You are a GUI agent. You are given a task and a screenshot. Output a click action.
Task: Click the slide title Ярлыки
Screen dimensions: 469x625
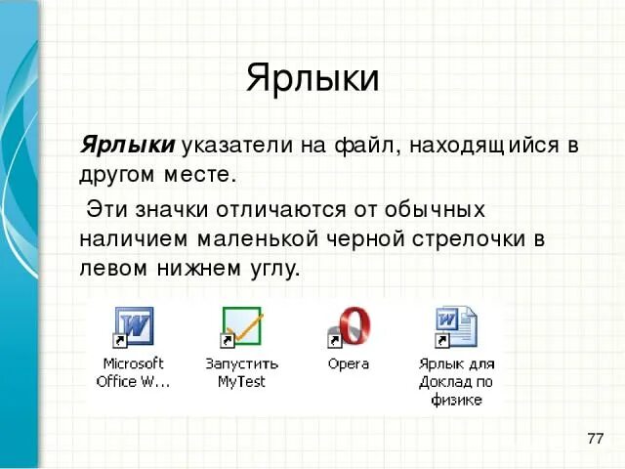point(312,78)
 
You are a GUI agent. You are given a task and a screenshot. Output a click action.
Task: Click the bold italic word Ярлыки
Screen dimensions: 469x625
point(127,146)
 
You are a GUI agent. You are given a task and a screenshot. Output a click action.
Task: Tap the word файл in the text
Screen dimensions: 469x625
point(361,146)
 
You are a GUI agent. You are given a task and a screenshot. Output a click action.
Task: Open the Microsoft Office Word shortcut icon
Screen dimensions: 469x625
point(133,326)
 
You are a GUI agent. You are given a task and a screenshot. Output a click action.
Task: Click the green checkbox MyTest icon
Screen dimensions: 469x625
point(241,326)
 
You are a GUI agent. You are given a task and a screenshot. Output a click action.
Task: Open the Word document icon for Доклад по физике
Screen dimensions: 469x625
point(456,326)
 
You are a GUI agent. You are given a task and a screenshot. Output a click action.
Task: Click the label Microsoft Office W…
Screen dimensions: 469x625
point(133,372)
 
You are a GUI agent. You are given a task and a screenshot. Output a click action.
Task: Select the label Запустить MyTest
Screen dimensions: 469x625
point(241,372)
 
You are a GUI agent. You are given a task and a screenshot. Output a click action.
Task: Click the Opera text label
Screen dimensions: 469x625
point(349,363)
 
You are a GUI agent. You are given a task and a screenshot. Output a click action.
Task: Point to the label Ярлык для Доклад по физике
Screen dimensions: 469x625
point(456,381)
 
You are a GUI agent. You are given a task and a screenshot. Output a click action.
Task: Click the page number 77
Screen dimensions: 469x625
point(595,437)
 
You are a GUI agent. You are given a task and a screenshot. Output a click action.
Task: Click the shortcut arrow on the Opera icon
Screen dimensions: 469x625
point(333,341)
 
